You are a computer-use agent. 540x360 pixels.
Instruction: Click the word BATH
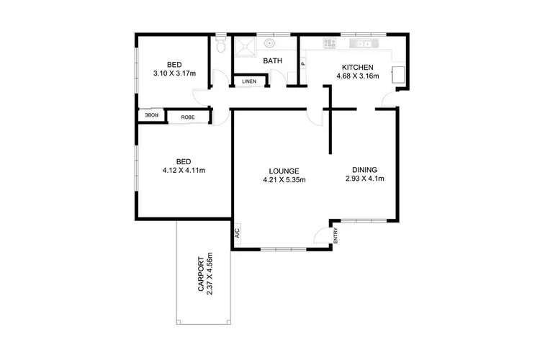pos(272,61)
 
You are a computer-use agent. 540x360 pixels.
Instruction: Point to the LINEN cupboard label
pos(248,81)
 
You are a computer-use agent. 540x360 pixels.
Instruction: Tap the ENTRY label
pos(335,235)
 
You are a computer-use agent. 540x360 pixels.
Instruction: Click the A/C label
pos(235,232)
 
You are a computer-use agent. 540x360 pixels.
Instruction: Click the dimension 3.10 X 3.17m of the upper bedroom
pos(175,73)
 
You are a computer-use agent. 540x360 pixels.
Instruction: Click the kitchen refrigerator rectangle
pos(398,74)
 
